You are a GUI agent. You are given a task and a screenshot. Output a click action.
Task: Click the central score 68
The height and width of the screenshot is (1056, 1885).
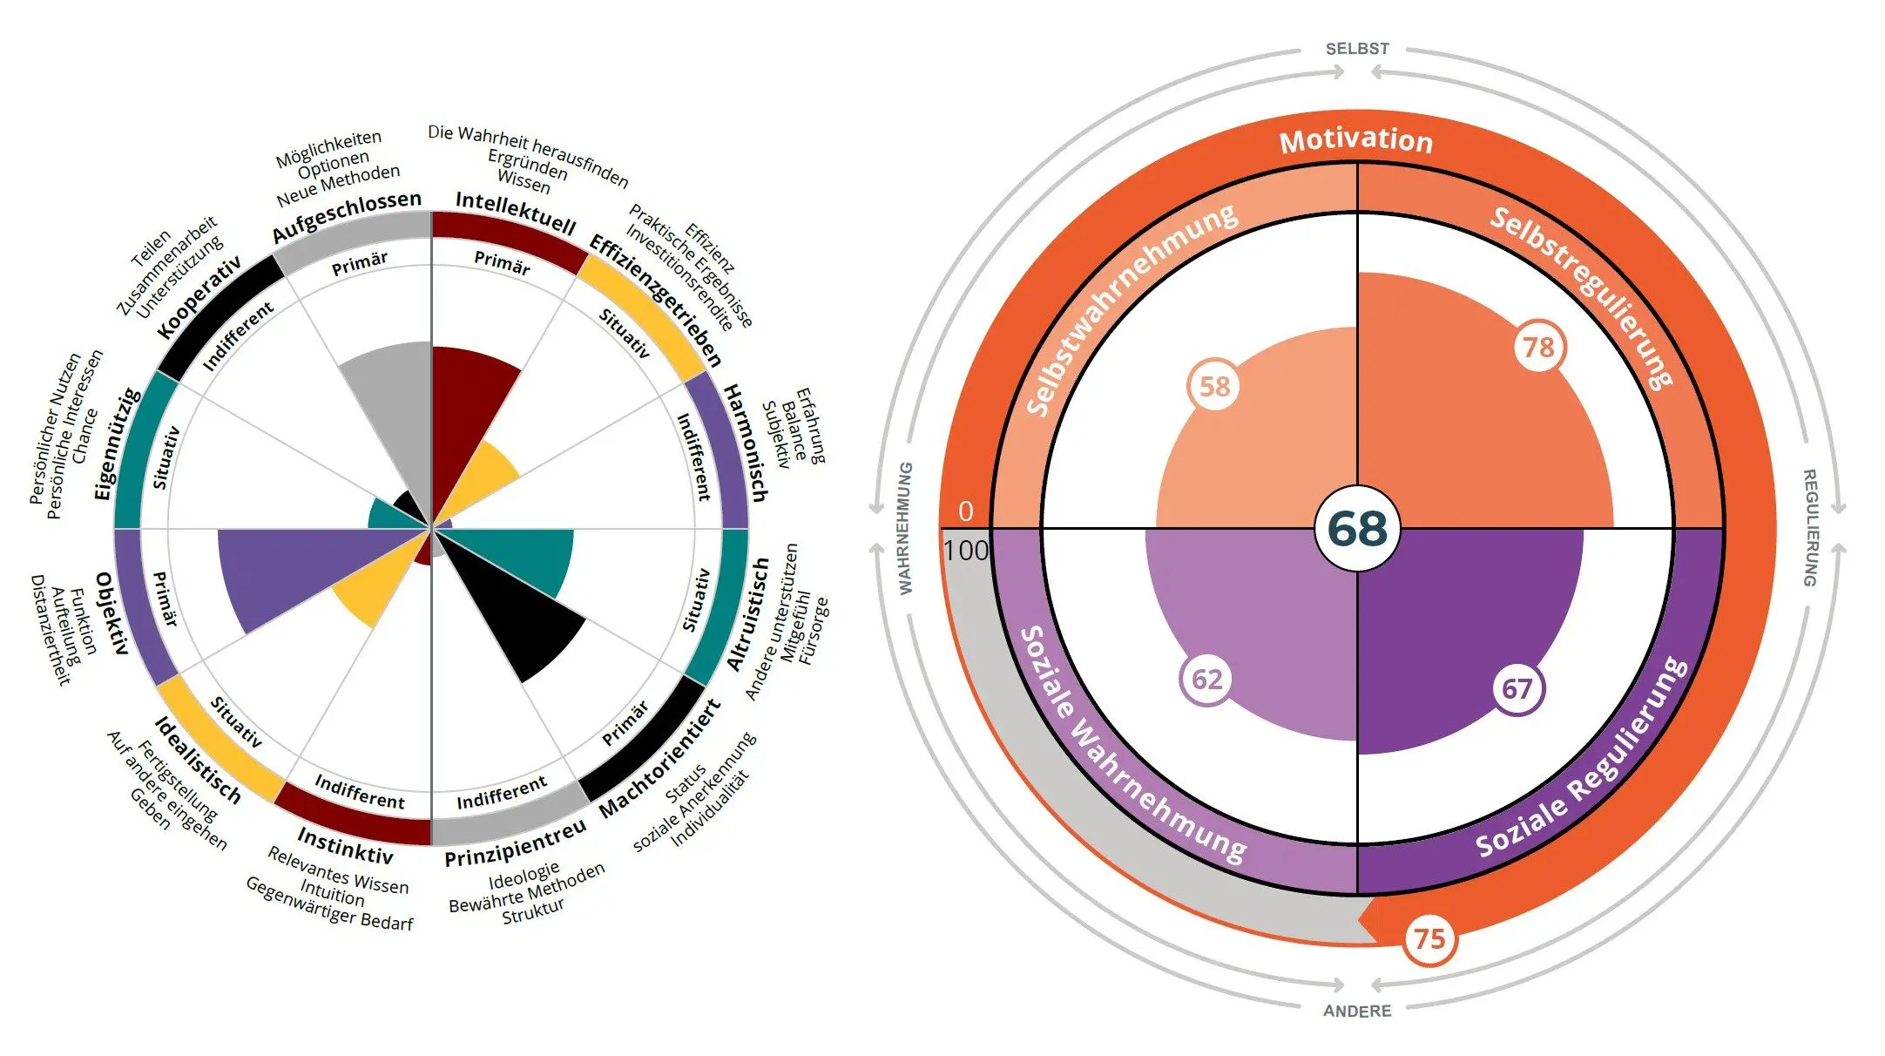[1357, 528]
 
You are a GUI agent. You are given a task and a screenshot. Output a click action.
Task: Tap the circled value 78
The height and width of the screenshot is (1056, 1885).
[1539, 347]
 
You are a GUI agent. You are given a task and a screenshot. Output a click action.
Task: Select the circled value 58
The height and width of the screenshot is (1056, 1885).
[1214, 386]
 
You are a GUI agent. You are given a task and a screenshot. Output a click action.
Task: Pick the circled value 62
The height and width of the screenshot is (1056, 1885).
[1206, 679]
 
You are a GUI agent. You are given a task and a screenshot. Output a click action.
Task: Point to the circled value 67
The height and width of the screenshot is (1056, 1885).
[1517, 689]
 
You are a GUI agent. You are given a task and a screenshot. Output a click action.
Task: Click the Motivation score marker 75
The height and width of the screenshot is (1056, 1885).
[1429, 939]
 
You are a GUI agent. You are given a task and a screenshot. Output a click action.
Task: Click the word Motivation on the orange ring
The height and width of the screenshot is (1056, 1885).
[1356, 140]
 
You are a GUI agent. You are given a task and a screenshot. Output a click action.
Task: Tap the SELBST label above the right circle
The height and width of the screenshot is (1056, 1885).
[1357, 50]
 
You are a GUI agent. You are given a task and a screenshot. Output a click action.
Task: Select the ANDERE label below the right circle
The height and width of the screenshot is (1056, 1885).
[1357, 1011]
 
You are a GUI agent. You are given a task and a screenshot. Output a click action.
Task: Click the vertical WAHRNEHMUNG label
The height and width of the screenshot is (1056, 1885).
[906, 528]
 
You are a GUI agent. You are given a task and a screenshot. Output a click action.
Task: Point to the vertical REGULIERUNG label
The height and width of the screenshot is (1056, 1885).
[1809, 528]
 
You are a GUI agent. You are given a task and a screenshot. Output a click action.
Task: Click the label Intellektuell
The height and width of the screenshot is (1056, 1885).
[516, 213]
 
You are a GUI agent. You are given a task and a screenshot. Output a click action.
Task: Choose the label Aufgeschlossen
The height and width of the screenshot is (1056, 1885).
[346, 217]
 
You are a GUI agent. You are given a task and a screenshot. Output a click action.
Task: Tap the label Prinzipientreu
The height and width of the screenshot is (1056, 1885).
[516, 843]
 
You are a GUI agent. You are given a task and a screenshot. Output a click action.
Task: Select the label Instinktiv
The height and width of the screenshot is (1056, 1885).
[345, 843]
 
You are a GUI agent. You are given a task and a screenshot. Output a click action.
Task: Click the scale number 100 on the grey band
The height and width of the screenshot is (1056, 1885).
[966, 551]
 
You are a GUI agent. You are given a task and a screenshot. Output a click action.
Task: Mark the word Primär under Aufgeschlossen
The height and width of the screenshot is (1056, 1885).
[360, 264]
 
